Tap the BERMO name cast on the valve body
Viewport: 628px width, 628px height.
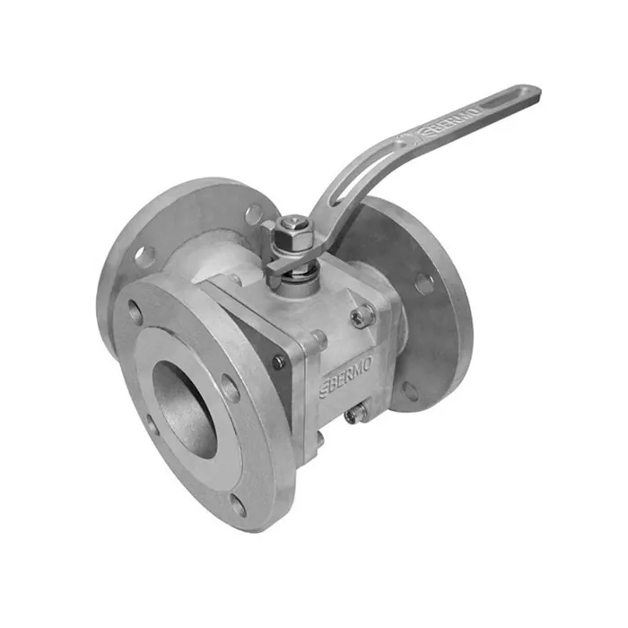[347, 376]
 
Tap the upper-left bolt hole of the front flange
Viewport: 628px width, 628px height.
[135, 310]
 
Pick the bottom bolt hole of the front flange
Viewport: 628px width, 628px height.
[239, 506]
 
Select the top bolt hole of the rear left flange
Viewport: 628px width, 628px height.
[253, 214]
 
